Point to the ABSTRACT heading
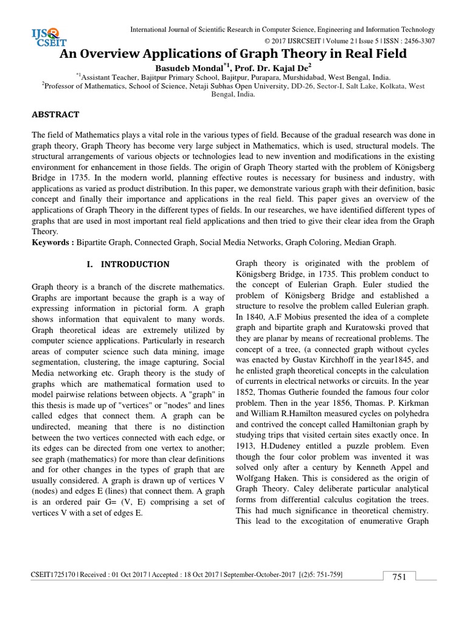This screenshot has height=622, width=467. [56, 114]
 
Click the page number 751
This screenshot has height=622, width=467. [398, 577]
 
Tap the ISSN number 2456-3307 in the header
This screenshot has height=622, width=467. [414, 41]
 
